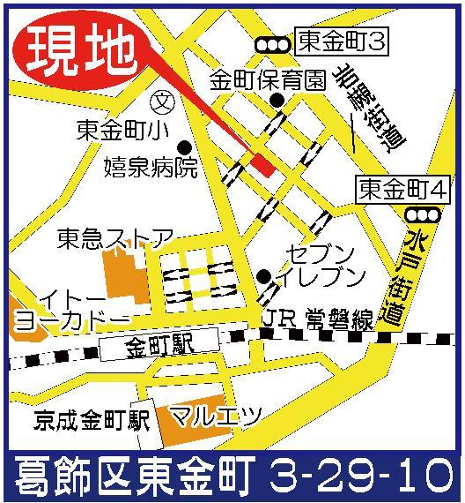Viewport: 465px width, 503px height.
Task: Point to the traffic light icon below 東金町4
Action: coord(421,214)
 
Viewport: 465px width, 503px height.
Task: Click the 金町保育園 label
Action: coord(268,80)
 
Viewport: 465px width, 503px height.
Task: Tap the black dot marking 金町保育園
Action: coord(277,101)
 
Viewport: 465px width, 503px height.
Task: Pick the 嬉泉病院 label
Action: coord(151,168)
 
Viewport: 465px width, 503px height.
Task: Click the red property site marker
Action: coord(262,161)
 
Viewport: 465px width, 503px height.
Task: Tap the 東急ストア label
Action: coord(114,237)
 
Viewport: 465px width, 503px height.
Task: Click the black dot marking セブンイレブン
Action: coord(263,276)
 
